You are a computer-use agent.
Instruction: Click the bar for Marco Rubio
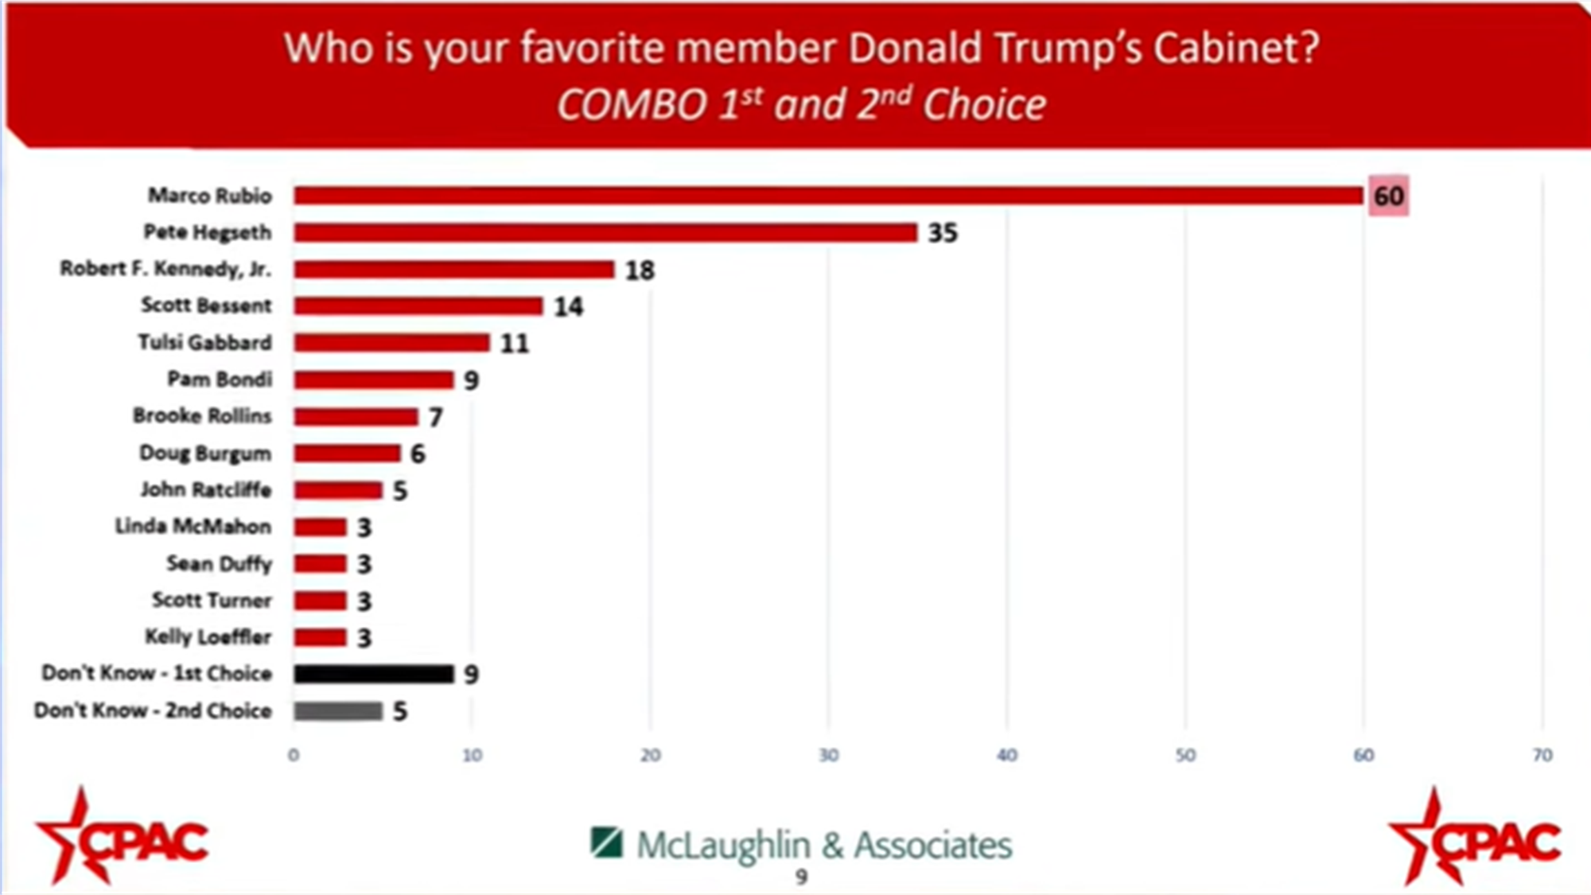pyautogui.click(x=827, y=196)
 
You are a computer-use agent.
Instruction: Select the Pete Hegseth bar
pyautogui.click(x=605, y=232)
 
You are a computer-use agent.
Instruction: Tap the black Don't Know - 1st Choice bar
pyautogui.click(x=373, y=674)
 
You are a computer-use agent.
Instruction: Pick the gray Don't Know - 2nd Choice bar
pyautogui.click(x=337, y=710)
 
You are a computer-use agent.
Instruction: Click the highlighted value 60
pyautogui.click(x=1388, y=196)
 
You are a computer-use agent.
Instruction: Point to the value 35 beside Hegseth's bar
pyautogui.click(x=943, y=233)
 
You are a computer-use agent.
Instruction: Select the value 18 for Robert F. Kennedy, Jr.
pyautogui.click(x=640, y=270)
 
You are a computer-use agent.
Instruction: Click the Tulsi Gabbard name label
pyautogui.click(x=205, y=343)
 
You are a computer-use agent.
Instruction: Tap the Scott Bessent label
pyautogui.click(x=206, y=305)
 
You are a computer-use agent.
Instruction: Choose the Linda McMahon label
pyautogui.click(x=193, y=527)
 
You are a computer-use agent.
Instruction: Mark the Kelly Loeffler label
pyautogui.click(x=208, y=637)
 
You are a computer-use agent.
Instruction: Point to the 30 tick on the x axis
pyautogui.click(x=828, y=755)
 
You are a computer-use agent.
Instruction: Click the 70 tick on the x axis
pyautogui.click(x=1542, y=755)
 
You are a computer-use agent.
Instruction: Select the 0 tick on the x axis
pyautogui.click(x=294, y=755)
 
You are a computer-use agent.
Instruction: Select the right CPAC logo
pyautogui.click(x=1473, y=837)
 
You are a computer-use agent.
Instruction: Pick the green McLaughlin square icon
pyautogui.click(x=606, y=843)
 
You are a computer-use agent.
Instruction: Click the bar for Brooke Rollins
pyautogui.click(x=356, y=416)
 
